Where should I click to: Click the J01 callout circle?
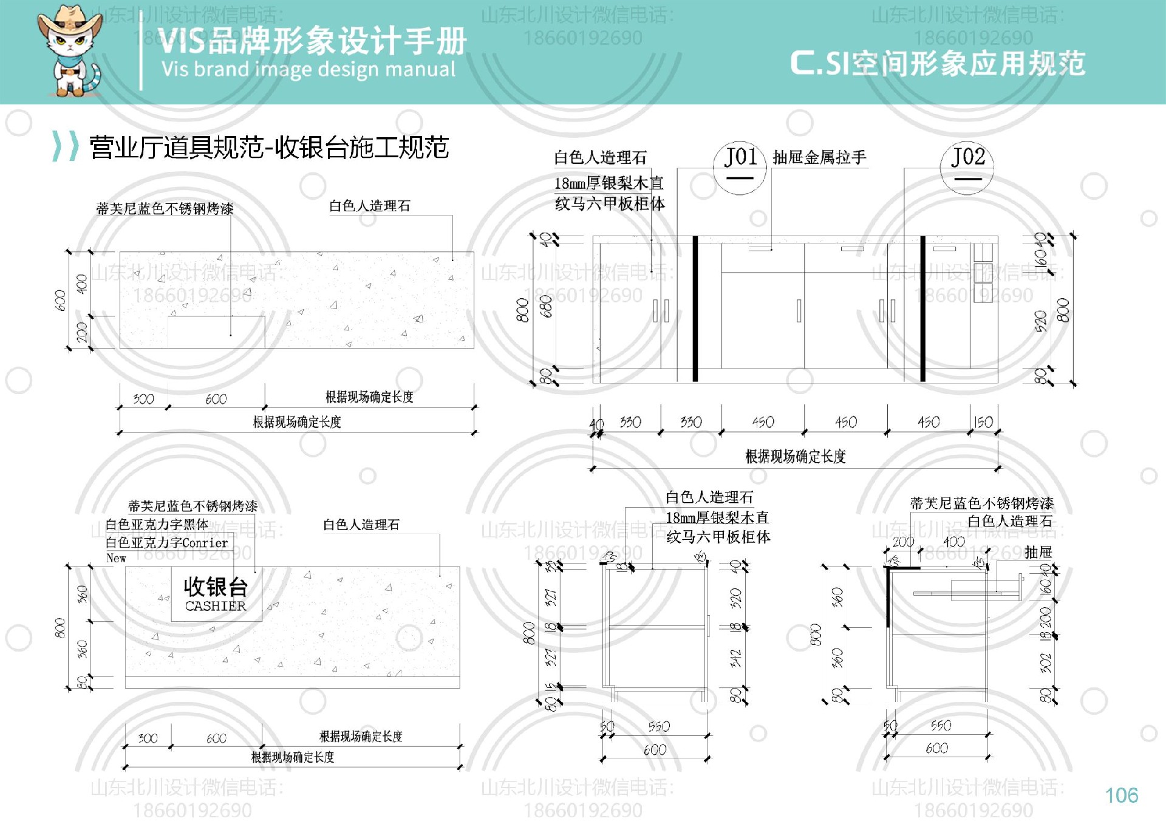[740, 168]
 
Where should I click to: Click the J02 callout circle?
[967, 168]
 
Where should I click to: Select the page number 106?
[1121, 795]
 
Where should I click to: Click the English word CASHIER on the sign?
[216, 606]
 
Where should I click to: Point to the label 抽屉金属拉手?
[819, 158]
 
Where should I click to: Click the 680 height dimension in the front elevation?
[547, 307]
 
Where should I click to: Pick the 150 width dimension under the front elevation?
[983, 422]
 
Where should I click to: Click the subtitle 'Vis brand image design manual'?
[308, 69]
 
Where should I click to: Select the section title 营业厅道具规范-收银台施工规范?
[269, 148]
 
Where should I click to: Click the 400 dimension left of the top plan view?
[81, 284]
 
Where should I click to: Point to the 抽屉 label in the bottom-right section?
[1038, 552]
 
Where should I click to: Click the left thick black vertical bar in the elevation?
[695, 308]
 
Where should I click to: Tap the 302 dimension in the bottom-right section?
[1045, 662]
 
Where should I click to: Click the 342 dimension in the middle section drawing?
[735, 659]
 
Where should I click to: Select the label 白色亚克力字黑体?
[157, 524]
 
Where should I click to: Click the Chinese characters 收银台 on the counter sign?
[216, 587]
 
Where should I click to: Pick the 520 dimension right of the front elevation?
[1041, 321]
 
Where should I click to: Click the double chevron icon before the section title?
[65, 146]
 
